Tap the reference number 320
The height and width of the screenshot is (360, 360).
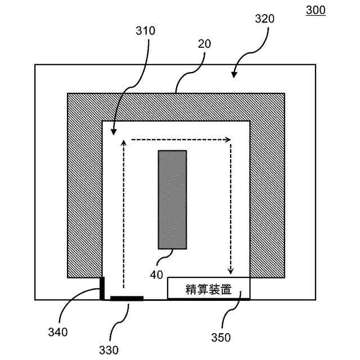point(264,19)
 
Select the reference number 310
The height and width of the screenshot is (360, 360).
point(145,31)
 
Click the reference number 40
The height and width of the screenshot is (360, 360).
point(156,274)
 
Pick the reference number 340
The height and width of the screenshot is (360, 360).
point(57,332)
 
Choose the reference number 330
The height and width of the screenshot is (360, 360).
point(109,349)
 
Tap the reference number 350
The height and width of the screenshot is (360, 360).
point(221,337)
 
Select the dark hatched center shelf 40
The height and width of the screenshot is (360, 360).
point(172,199)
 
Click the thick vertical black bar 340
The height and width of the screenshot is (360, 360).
point(102,287)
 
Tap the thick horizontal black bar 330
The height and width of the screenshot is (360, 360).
point(127,298)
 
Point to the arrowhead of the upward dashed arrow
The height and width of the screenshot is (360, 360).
point(123,142)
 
